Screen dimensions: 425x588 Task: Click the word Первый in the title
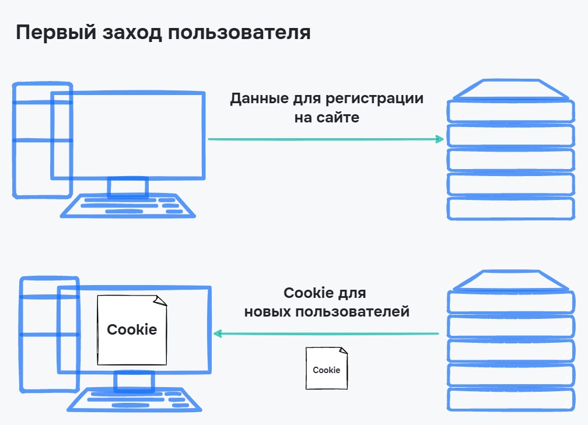[x=47, y=33]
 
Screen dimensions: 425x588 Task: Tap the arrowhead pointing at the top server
[x=438, y=139]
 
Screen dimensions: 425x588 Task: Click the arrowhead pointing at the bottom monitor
[x=218, y=334]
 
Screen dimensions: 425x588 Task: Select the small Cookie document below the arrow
[x=327, y=368]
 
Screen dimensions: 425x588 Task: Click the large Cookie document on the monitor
[x=131, y=330]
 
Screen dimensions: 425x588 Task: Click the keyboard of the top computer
[x=128, y=206]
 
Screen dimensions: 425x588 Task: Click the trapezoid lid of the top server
[x=510, y=90]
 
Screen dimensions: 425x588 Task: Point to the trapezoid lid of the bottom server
[x=510, y=280]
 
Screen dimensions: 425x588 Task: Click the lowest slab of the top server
[x=510, y=208]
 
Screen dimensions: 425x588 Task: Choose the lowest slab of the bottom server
[x=510, y=399]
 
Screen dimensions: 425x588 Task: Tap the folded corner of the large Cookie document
[x=160, y=300]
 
